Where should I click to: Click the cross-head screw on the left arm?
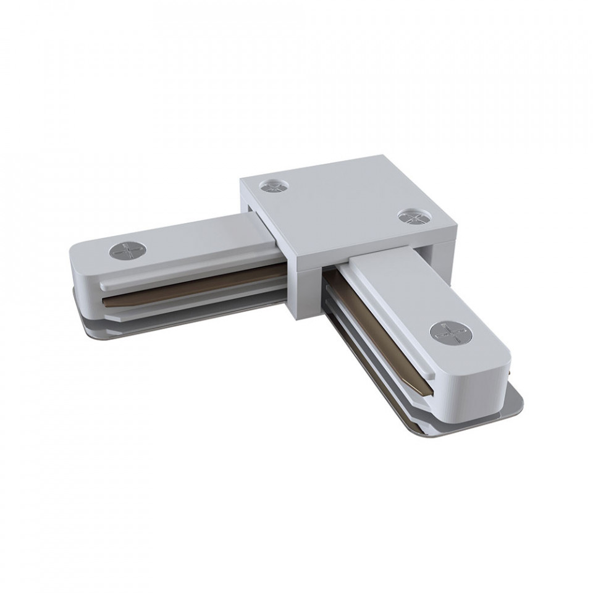point(128,251)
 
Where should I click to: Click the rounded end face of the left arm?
point(80,272)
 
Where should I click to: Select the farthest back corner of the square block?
point(378,158)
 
